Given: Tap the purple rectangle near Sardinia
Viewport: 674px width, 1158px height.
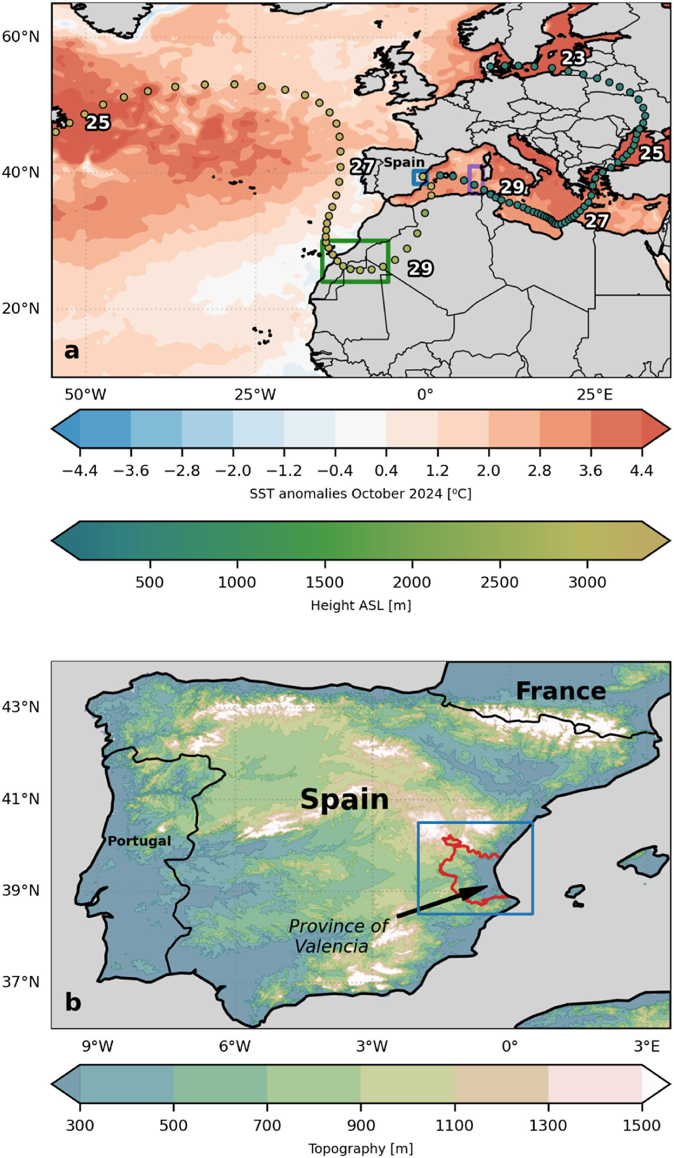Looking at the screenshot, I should tap(475, 179).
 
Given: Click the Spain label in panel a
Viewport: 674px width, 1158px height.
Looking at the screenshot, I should tap(404, 162).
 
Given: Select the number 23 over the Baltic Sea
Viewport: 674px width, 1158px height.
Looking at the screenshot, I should tap(573, 58).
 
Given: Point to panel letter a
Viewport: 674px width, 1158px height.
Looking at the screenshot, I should tap(72, 351).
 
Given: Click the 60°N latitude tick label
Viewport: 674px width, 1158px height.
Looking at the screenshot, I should tap(21, 36).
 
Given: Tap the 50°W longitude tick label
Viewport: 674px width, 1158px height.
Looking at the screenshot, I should tap(85, 394).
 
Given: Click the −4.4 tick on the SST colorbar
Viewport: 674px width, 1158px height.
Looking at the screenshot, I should tap(80, 471).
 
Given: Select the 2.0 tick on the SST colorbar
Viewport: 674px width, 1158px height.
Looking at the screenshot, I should tap(488, 471).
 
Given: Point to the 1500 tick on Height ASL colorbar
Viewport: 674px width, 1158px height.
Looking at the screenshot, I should tap(325, 582).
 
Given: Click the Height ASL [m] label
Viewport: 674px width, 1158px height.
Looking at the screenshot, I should tap(360, 605).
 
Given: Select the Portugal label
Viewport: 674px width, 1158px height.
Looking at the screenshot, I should tap(139, 841).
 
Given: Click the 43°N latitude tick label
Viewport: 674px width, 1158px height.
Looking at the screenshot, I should tap(21, 706).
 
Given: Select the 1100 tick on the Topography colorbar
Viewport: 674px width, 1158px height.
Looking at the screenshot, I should tap(454, 1125).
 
